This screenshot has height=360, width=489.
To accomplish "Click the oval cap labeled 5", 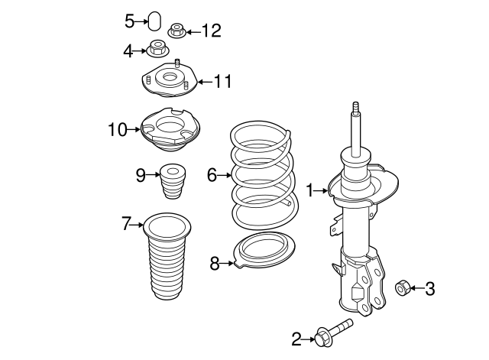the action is (154, 21).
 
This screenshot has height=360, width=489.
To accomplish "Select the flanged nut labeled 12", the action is (177, 31).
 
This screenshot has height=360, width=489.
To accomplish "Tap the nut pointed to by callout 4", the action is (158, 48).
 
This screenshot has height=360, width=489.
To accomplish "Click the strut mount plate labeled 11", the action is (170, 79).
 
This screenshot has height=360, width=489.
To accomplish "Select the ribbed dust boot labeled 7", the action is (167, 256).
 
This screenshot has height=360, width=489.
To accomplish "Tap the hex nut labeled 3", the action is (403, 288).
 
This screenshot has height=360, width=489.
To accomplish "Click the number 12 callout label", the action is (212, 31).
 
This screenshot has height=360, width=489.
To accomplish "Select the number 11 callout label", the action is (222, 82).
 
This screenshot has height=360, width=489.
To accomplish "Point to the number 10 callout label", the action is (118, 129).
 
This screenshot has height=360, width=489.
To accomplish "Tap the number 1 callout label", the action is (309, 190).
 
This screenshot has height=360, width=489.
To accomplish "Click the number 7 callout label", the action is (125, 223).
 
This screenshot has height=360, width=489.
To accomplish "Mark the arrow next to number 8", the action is (227, 264).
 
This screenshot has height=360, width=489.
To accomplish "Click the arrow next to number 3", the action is (417, 288).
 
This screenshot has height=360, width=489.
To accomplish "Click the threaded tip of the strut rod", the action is (356, 108).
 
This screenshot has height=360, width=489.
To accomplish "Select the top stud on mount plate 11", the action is (177, 63).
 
